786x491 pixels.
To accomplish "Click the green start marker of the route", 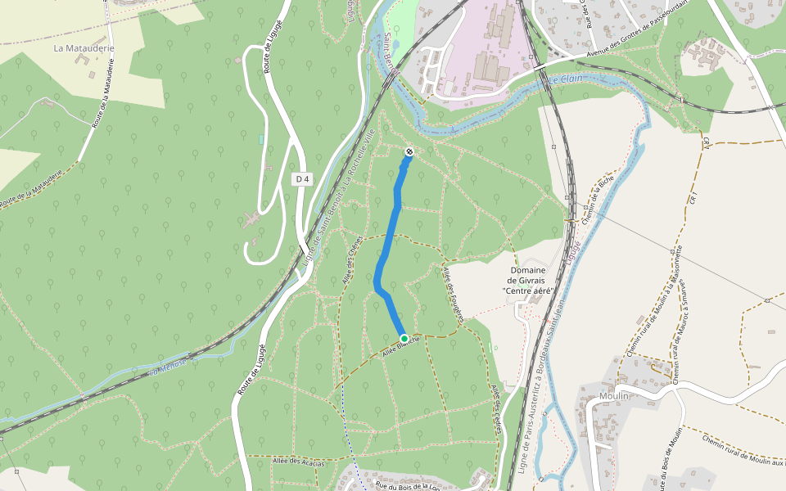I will click(x=404, y=338).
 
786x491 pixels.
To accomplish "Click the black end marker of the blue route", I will click(x=409, y=151).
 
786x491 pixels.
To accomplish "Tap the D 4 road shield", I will click(x=302, y=178).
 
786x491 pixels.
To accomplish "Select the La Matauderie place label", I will click(x=84, y=48).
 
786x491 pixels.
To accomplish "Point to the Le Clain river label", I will click(x=565, y=79).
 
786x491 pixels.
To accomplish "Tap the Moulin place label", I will click(x=613, y=395).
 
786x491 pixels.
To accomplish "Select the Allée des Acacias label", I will click(x=299, y=462).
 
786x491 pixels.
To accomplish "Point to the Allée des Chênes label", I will click(x=351, y=260).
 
